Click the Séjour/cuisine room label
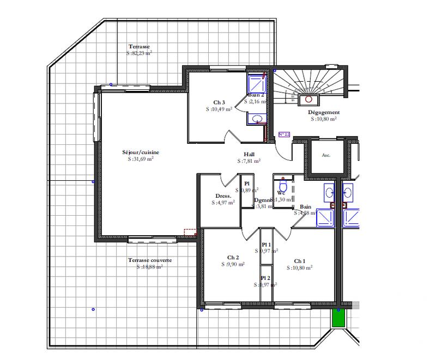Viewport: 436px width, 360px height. point(137,152)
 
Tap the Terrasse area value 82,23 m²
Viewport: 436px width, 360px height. point(139,53)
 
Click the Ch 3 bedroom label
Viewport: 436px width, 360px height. point(219,102)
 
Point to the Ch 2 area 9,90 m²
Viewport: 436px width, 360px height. point(233,264)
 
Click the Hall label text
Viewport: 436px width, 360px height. point(250,154)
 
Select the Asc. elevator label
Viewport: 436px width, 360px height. point(326,155)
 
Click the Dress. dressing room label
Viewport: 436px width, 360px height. point(223,196)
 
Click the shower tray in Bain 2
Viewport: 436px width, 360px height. point(256,84)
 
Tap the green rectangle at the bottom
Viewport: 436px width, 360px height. point(338,318)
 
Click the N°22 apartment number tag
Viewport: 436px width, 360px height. point(284,134)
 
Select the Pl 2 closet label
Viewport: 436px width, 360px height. point(266,278)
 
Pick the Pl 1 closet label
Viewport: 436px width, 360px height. point(266,245)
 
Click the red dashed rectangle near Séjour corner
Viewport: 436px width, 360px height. point(190,232)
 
